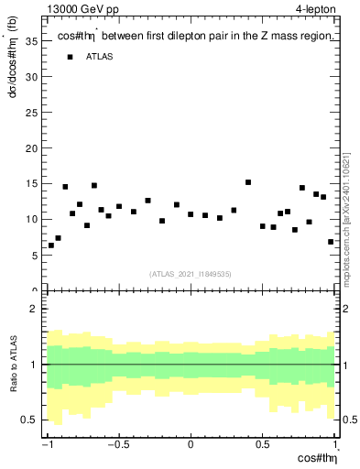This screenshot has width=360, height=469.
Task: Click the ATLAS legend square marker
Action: (x=70, y=57)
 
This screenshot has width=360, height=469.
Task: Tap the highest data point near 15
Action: (x=248, y=182)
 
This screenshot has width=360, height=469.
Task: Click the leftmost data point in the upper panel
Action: (x=51, y=245)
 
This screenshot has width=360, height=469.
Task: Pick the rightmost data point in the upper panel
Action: (x=331, y=242)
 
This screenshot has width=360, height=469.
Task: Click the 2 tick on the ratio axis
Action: (x=37, y=310)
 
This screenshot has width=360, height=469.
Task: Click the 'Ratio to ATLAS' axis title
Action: (x=15, y=365)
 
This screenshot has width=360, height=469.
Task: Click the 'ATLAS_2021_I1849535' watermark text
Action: (x=191, y=273)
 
